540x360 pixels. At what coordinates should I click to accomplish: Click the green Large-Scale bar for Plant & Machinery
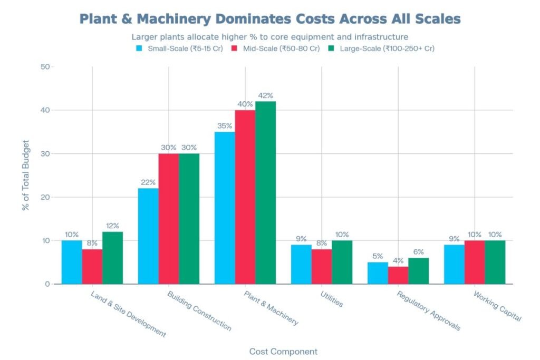pos(265,192)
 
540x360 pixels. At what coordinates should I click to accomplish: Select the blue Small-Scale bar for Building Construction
pos(148,236)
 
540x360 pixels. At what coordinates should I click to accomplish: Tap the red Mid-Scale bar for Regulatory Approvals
pos(398,275)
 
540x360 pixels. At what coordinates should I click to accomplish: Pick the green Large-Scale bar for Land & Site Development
pos(112,258)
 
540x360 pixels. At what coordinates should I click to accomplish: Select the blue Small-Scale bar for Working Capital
pos(454,265)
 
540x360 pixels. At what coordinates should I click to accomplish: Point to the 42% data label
pos(265,95)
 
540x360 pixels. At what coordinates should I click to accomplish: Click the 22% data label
pos(148,182)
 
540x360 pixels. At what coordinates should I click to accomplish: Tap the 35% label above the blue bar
pos(225,126)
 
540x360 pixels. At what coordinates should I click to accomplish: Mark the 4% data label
pos(398,260)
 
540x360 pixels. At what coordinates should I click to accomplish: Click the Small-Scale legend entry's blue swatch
pos(139,48)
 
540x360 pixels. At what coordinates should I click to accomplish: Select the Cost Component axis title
pos(283,351)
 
